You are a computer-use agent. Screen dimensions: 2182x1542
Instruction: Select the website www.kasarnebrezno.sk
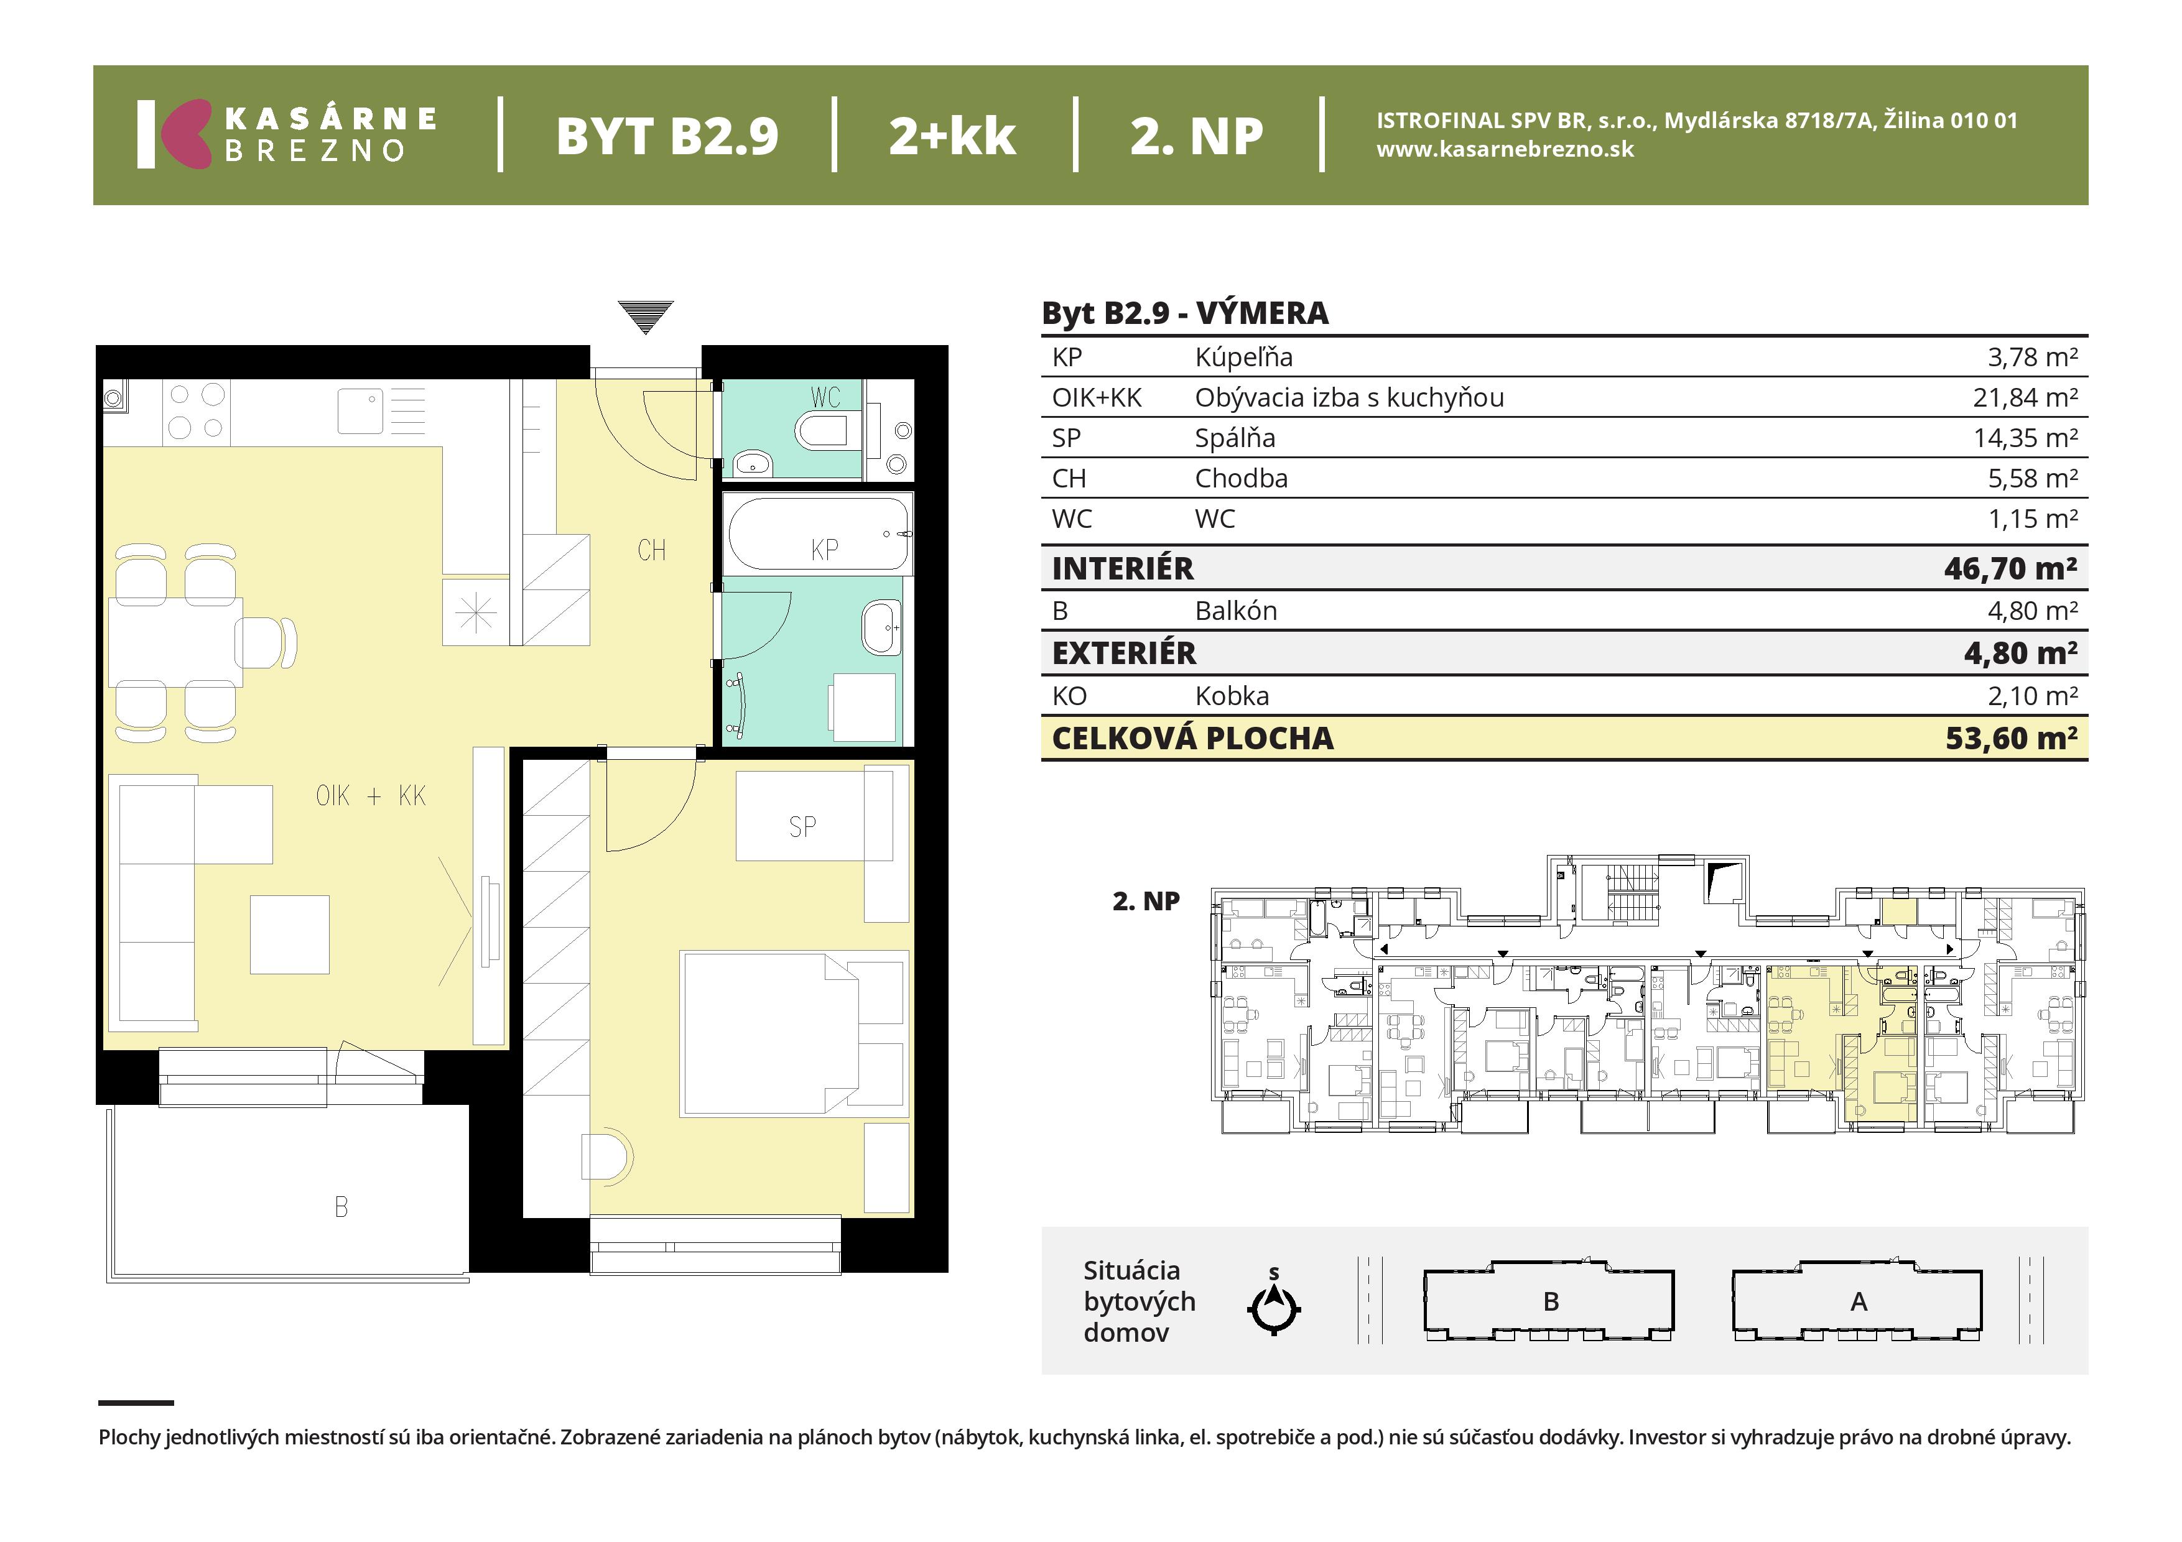tap(1505, 149)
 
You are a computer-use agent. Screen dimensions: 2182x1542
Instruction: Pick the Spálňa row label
tap(1235, 438)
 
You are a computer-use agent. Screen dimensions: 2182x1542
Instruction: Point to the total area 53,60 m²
tap(2011, 738)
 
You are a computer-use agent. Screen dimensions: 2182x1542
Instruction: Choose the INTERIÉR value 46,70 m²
tap(2011, 568)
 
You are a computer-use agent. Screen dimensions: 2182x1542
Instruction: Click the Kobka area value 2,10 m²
tap(2033, 696)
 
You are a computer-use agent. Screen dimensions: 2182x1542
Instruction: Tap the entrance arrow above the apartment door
tap(645, 317)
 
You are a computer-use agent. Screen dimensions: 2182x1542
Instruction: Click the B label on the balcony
tap(341, 1207)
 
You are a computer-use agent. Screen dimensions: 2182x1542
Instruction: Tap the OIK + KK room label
tap(371, 795)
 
